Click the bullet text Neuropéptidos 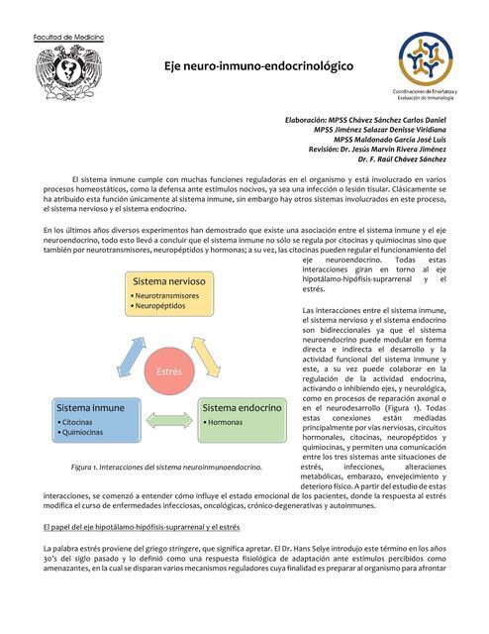(160, 307)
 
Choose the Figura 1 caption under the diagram (166, 466)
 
